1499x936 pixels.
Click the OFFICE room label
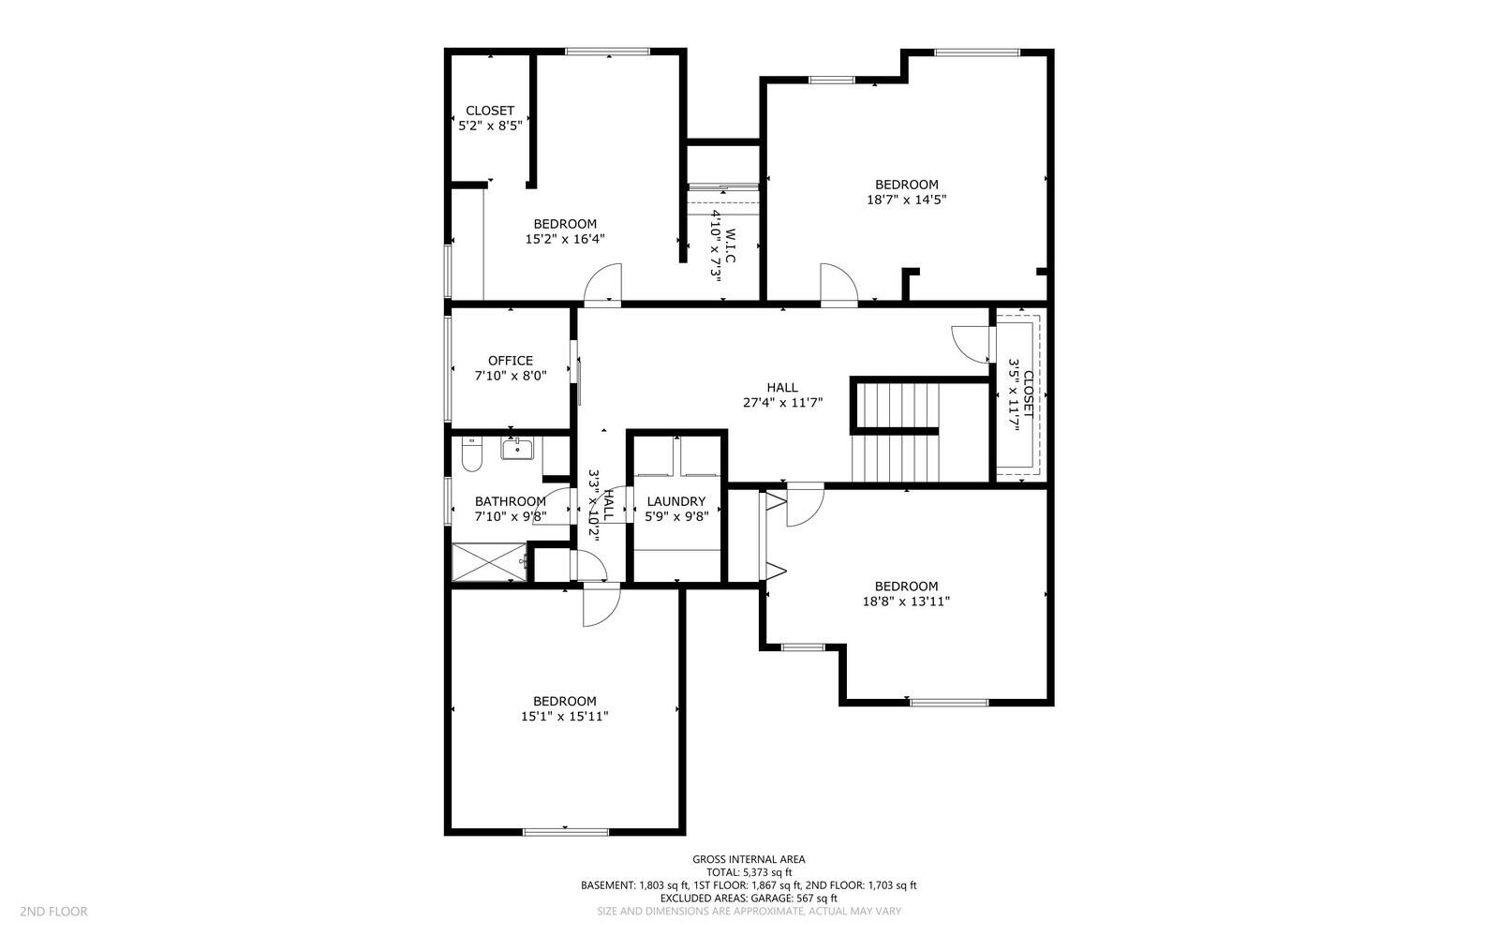click(x=511, y=361)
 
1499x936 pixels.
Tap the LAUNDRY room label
click(x=675, y=501)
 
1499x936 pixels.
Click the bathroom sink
click(x=516, y=450)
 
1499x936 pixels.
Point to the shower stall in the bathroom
click(x=489, y=563)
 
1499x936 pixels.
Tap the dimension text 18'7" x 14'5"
click(x=906, y=200)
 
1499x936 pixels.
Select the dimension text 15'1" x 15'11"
click(x=565, y=717)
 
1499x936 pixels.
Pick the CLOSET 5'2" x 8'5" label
click(x=489, y=111)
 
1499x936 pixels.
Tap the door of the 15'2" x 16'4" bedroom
click(x=602, y=285)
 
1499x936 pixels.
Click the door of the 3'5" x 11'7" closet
click(x=972, y=342)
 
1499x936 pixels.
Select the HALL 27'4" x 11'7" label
click(x=782, y=388)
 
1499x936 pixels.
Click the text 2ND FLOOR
click(x=54, y=911)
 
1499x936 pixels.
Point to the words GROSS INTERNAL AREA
click(x=749, y=859)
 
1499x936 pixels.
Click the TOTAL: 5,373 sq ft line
click(x=749, y=872)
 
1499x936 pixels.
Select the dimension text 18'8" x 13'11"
click(x=906, y=602)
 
